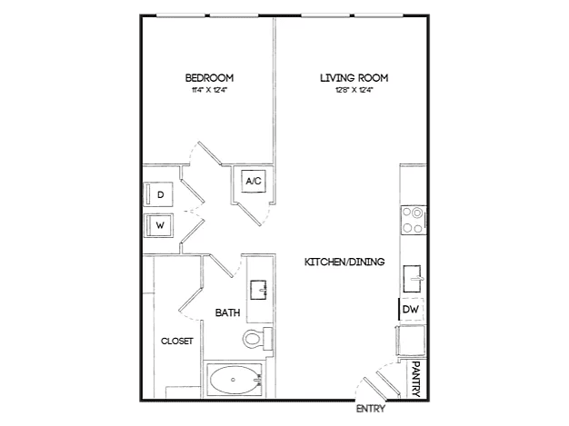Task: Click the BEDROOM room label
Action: (x=209, y=78)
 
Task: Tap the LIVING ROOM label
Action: (x=354, y=78)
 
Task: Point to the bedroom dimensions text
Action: (x=209, y=90)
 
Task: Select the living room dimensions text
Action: (x=354, y=90)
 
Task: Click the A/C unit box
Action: (x=254, y=181)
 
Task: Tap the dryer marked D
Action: (x=158, y=194)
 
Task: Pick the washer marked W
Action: (x=158, y=225)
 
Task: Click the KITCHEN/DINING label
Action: (x=344, y=262)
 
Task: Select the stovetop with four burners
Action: (x=414, y=220)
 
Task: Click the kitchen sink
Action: (x=413, y=279)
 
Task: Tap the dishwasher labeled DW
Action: (x=411, y=309)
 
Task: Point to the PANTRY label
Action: (x=416, y=379)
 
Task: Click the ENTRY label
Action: (x=371, y=409)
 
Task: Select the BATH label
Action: (x=227, y=312)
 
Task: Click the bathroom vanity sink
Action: (x=259, y=290)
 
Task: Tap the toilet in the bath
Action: (x=257, y=339)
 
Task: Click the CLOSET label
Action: (x=177, y=342)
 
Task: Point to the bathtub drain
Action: (x=233, y=380)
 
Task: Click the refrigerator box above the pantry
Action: (x=411, y=341)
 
